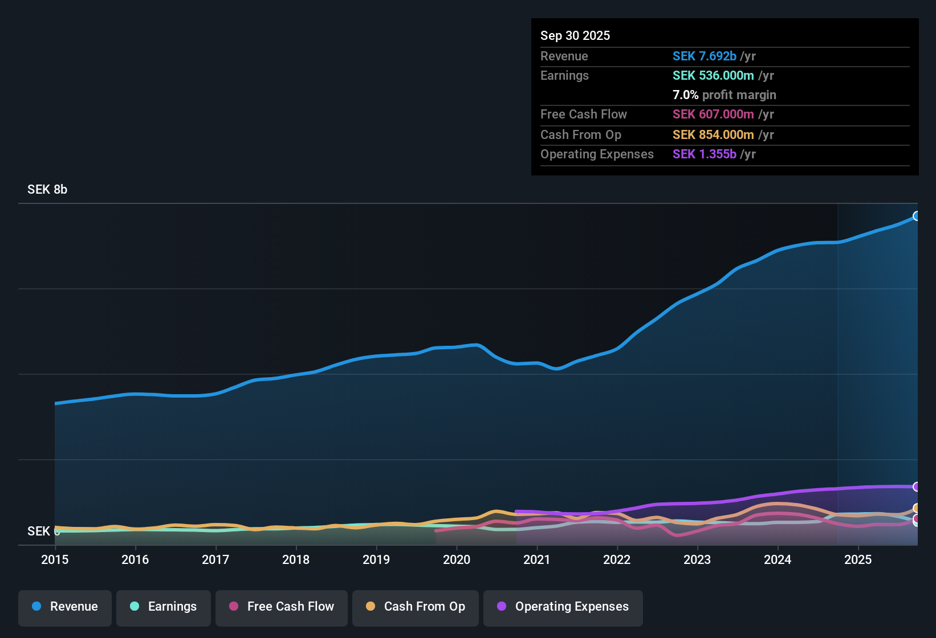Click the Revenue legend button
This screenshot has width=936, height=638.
click(x=65, y=607)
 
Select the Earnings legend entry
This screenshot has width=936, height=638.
click(x=164, y=607)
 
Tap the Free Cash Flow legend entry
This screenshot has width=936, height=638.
click(x=282, y=607)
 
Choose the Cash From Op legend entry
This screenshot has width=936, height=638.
click(x=416, y=607)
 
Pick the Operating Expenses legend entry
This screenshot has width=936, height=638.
click(x=563, y=607)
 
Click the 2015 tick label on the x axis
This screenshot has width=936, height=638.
click(x=55, y=560)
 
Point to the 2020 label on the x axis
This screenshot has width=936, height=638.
click(x=457, y=560)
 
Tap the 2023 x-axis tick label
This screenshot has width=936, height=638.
click(x=697, y=560)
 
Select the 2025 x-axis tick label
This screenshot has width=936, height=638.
click(x=858, y=560)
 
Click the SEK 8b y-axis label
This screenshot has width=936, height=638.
click(x=47, y=190)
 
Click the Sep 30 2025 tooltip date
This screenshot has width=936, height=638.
click(x=575, y=36)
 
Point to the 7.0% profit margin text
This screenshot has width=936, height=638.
click(x=724, y=95)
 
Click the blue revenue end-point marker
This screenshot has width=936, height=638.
click(x=917, y=216)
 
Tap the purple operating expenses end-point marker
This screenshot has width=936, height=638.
click(x=917, y=486)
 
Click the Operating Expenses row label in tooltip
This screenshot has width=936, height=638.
click(x=597, y=154)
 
